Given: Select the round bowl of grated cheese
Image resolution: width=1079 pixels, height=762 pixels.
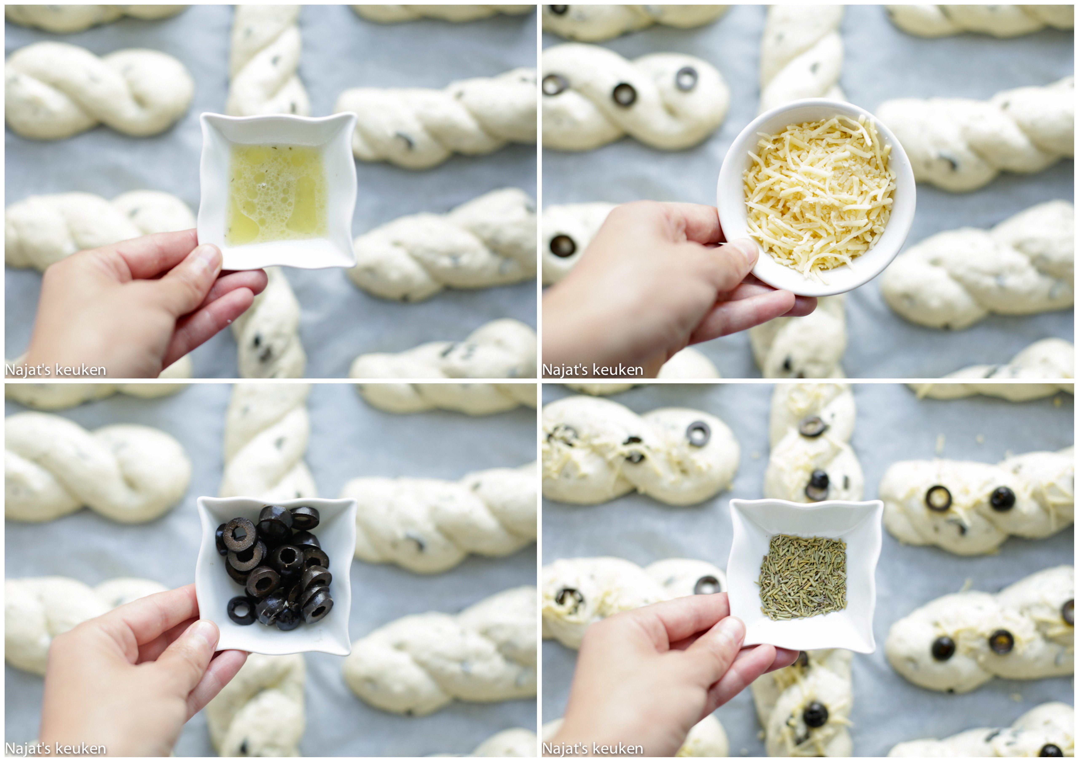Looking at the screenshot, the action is (816, 197).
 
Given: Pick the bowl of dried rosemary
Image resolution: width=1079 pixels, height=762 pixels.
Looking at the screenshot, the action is (805, 577).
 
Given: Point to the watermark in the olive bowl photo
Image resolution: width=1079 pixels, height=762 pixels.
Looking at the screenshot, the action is (55, 748).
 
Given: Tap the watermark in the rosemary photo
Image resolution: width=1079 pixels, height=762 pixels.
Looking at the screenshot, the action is (593, 748).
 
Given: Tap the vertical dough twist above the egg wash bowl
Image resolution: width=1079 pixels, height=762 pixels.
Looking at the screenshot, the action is (267, 59).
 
